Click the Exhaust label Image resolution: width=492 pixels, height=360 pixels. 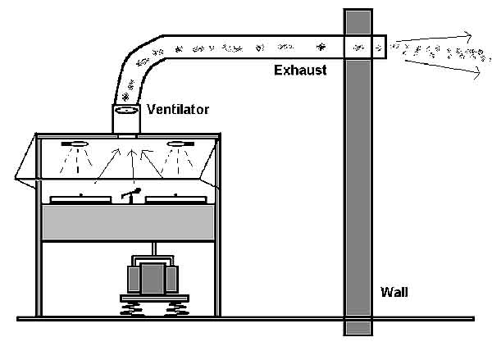(299, 71)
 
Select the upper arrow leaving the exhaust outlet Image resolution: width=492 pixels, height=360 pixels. (435, 39)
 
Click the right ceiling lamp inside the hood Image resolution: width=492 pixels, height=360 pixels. (180, 145)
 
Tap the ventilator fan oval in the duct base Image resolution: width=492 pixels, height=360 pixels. (128, 110)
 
